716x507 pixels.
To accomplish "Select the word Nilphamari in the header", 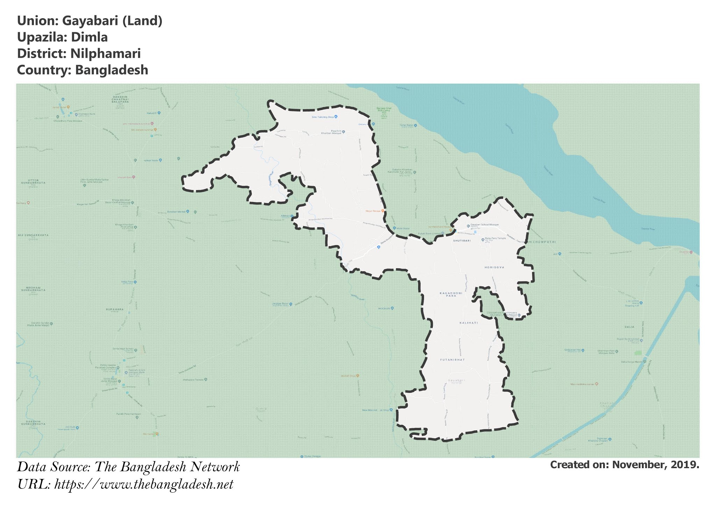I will [x=105, y=54].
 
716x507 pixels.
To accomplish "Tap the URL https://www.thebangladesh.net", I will [x=144, y=484].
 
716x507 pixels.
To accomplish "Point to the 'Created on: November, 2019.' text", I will [x=624, y=465].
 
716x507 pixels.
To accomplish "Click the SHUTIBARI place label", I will [x=462, y=241].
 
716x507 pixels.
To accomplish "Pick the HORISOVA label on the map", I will [x=494, y=267].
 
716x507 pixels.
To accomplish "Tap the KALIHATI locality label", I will [x=468, y=322].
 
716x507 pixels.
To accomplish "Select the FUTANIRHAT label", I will [x=452, y=360].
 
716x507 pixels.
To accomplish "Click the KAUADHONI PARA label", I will [x=451, y=294].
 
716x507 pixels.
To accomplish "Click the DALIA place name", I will [x=629, y=327].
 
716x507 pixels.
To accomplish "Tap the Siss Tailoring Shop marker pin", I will [x=336, y=117].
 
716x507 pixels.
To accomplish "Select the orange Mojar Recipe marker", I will [x=383, y=211].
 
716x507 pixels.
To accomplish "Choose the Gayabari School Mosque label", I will [x=484, y=224].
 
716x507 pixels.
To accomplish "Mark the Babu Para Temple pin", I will [x=483, y=240].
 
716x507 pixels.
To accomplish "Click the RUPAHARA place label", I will [x=115, y=310].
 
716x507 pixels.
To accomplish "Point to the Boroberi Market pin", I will [x=188, y=211].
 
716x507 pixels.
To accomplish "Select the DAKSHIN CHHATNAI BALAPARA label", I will [x=120, y=99].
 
